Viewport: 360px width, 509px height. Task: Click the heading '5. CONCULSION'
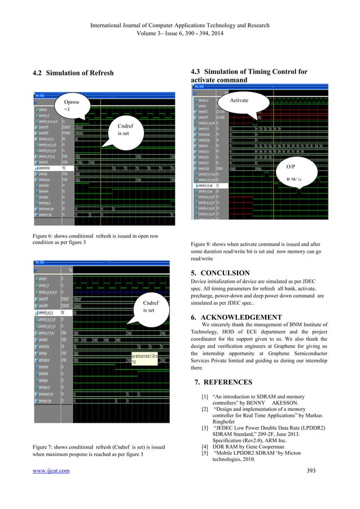(220, 274)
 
